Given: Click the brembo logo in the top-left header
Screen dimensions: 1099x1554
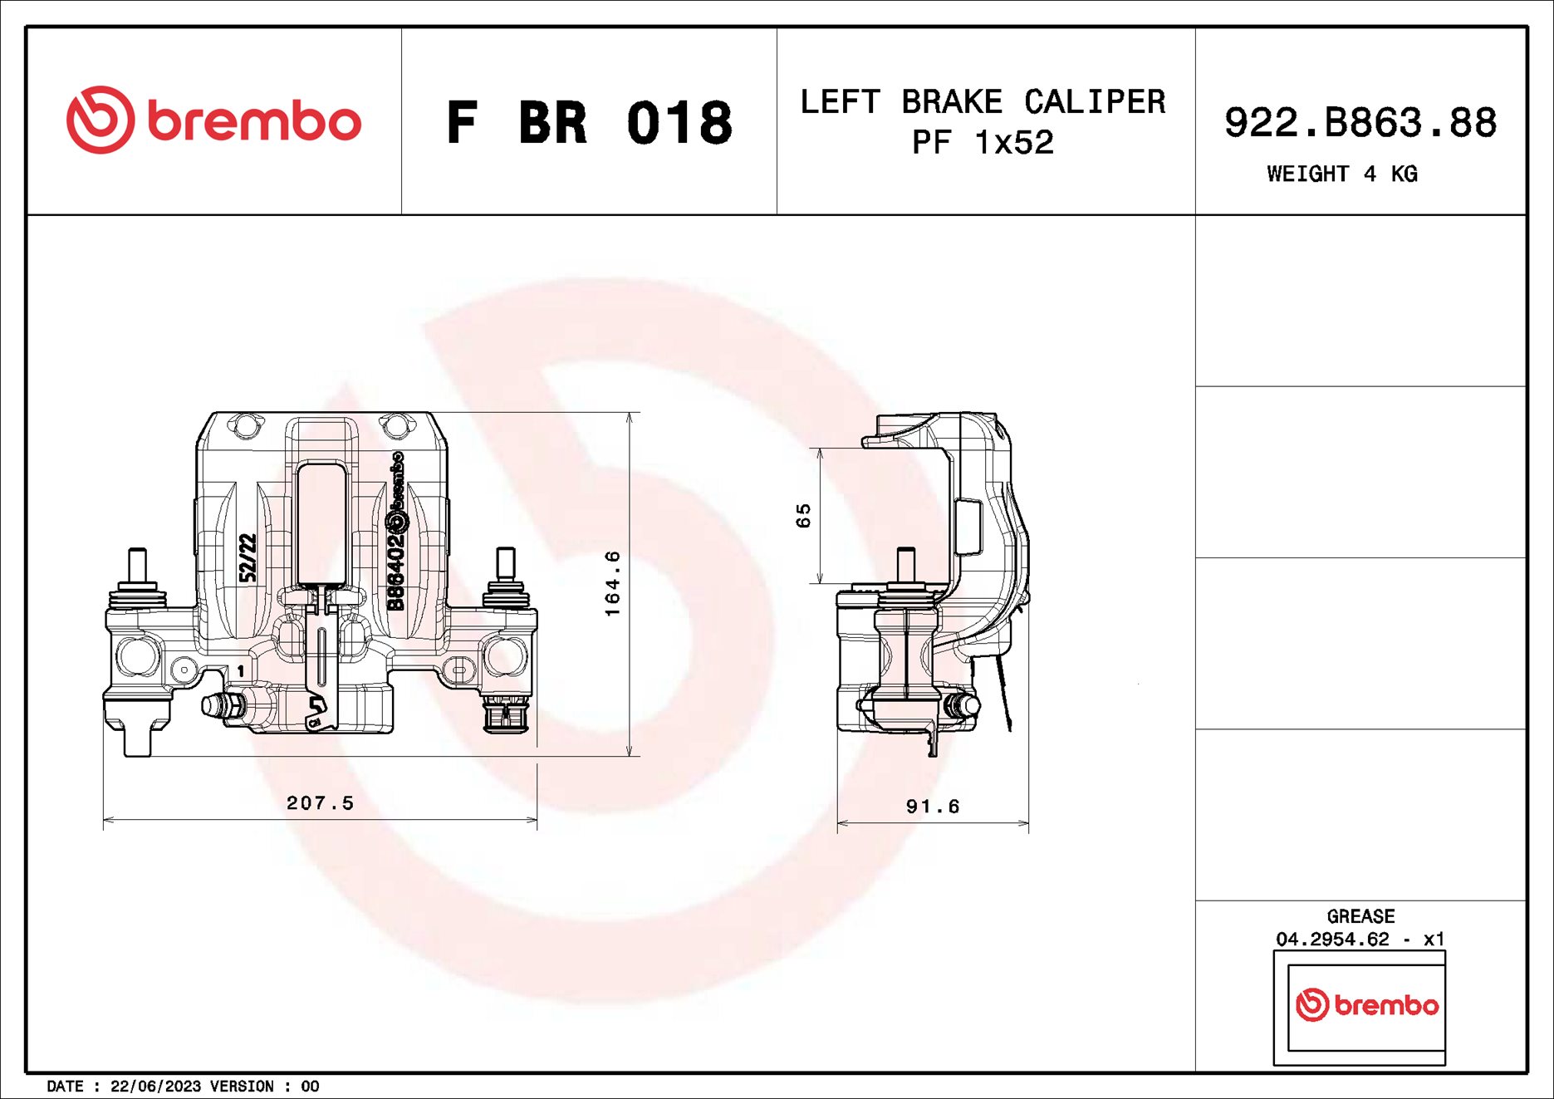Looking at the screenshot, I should pos(213,120).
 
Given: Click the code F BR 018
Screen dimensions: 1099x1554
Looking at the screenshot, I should pos(589,123).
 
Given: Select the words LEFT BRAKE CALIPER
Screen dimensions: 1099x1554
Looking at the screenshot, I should pos(983,102).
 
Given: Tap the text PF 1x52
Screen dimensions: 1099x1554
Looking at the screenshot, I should pos(983,143).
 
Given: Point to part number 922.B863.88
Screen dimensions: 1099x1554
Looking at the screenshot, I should pos(1360,123).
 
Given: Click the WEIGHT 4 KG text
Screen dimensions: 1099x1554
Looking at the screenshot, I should pos(1341,174).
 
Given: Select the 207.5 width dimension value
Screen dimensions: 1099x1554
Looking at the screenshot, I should pos(320,802).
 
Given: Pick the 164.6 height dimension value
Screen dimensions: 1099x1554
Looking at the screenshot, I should pos(612,583).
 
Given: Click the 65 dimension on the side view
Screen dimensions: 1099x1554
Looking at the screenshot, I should pos(802,515).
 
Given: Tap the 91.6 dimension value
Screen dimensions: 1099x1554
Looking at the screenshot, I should pos(932,807).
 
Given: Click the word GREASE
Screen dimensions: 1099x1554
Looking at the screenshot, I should pos(1360,916).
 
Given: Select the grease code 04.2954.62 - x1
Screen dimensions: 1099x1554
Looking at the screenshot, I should pos(1360,939).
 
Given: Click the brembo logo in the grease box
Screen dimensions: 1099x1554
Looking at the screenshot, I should pos(1366,1005).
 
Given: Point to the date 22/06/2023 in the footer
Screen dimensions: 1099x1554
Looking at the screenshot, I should pos(155,1087).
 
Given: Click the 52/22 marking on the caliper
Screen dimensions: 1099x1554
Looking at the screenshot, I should pos(248,557).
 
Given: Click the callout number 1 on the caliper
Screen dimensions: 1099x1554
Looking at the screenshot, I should pos(241,670).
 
